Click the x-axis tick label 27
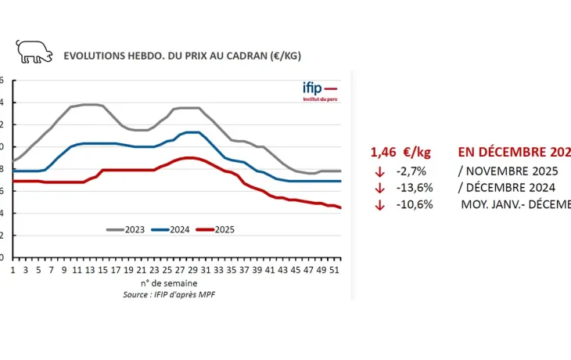(x=180, y=269)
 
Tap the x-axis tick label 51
(x=336, y=269)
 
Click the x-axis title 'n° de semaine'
(x=169, y=282)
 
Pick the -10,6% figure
(x=413, y=204)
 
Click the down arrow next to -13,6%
(x=380, y=188)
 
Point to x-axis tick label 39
(x=258, y=269)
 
